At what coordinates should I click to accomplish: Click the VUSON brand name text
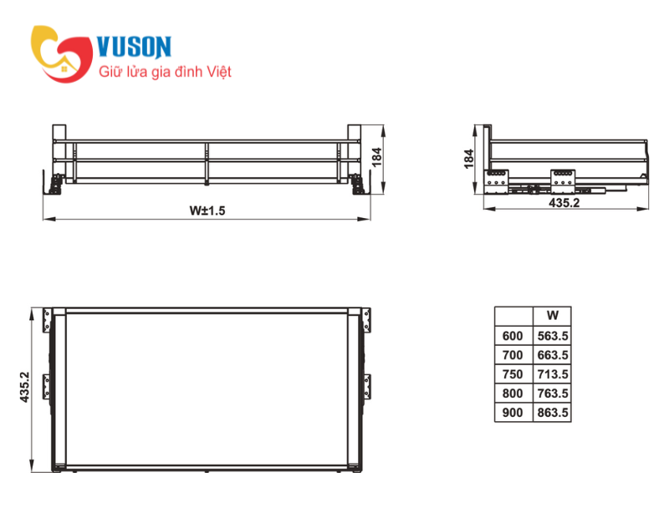coord(135,47)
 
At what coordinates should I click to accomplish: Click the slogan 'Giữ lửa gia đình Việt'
coord(165,73)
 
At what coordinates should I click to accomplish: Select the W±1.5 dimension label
coord(207,211)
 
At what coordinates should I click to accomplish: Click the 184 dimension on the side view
coord(468,159)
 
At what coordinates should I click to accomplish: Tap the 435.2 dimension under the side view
coord(565,202)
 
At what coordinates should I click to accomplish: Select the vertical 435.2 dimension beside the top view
coord(25,388)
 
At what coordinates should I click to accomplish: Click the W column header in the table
coord(553,316)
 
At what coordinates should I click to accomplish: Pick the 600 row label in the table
coord(513,336)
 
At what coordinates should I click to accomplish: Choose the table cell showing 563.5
coord(553,336)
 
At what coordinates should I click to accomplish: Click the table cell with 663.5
coord(553,355)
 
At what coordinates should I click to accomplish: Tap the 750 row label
coord(513,374)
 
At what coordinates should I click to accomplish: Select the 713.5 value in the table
coord(553,374)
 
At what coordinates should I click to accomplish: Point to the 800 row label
coord(513,394)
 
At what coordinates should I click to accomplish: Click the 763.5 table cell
coord(553,394)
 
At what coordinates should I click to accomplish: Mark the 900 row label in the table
coord(513,413)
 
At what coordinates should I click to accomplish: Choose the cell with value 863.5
coord(553,413)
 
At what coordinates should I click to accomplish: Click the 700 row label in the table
coord(513,355)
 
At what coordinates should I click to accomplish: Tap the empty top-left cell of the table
coord(513,316)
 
